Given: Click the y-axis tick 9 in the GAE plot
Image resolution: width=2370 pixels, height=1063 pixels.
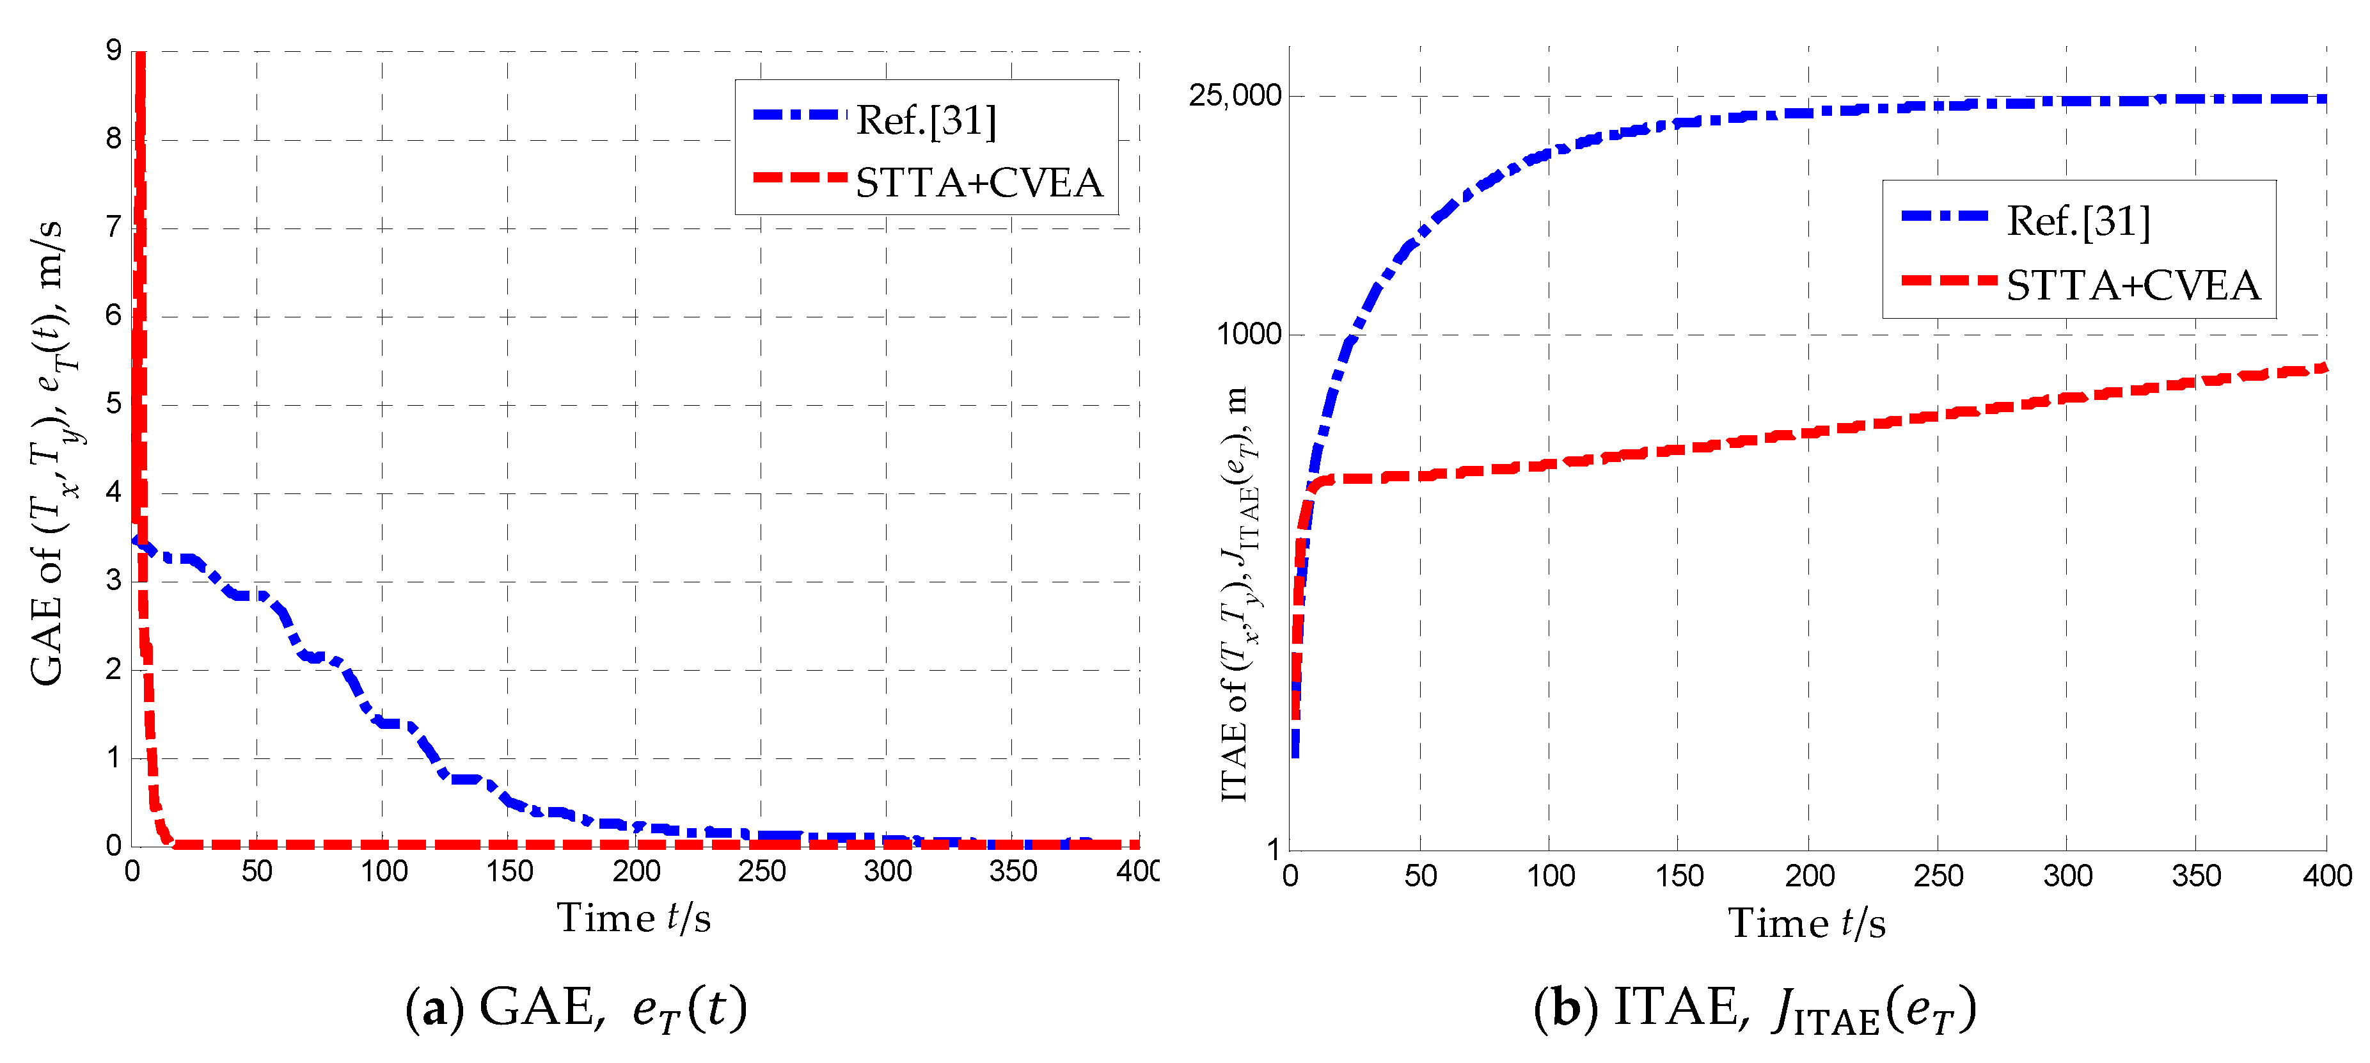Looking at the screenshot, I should pos(113,51).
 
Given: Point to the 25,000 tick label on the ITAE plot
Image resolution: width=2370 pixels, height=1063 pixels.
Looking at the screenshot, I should pos(1234,96).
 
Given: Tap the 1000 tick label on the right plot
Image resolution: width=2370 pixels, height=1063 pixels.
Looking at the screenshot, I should pos(1249,334).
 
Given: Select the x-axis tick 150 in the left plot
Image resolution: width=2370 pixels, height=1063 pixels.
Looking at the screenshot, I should pos(509,870).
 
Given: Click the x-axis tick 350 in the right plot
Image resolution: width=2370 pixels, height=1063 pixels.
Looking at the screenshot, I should pos(2196,875).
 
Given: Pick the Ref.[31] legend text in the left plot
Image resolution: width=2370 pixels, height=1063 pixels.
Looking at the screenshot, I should pos(926,120).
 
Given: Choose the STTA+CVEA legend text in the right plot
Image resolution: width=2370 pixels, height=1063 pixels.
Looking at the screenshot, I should pos(2133,285).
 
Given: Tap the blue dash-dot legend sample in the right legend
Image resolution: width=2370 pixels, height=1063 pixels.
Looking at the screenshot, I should pos(1944,216).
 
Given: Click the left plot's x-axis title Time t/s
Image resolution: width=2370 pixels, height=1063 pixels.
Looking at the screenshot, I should pos(633,918).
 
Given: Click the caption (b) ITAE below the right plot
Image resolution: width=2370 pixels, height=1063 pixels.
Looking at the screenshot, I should pos(1753,1010).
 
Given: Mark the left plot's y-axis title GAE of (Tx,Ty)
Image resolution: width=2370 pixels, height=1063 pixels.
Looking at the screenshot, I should pos(48,451).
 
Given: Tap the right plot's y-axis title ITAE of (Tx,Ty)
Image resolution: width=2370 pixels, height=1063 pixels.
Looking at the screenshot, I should pos(1236,594).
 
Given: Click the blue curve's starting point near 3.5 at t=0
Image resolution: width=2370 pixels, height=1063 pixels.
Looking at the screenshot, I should pos(135,540).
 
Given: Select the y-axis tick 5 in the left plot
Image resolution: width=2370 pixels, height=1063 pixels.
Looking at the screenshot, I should pos(113,404).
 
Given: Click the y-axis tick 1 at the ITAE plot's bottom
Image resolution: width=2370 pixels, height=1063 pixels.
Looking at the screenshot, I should pos(1274,849).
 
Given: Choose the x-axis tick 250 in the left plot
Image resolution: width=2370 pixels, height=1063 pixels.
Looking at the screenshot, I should pos(761,870).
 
